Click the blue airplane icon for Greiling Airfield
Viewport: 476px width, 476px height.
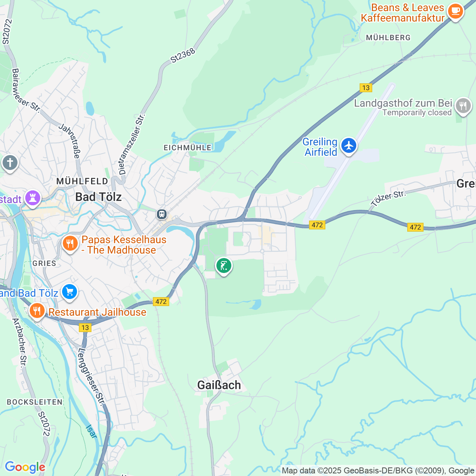pyautogui.click(x=348, y=145)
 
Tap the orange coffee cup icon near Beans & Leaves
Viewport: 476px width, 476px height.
pyautogui.click(x=455, y=11)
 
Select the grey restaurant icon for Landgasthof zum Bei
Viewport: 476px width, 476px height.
pyautogui.click(x=463, y=106)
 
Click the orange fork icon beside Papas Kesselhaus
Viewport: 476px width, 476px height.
pyautogui.click(x=70, y=244)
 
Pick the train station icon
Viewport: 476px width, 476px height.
pyautogui.click(x=161, y=214)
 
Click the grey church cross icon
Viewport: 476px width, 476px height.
pyautogui.click(x=10, y=163)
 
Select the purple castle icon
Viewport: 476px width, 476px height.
pyautogui.click(x=33, y=198)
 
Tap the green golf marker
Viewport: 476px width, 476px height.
pyautogui.click(x=223, y=266)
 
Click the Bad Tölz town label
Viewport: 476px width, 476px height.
pyautogui.click(x=99, y=197)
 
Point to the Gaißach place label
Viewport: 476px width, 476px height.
pyautogui.click(x=219, y=385)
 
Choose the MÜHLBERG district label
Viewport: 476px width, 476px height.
pyautogui.click(x=388, y=38)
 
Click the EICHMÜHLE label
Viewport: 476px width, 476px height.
pyautogui.click(x=187, y=148)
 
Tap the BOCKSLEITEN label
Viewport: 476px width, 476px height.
pyautogui.click(x=35, y=402)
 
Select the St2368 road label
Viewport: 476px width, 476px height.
pyautogui.click(x=183, y=56)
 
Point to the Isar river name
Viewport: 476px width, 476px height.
pyautogui.click(x=91, y=431)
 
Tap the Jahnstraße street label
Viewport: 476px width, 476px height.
pyautogui.click(x=70, y=141)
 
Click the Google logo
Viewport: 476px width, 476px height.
pyautogui.click(x=25, y=467)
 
